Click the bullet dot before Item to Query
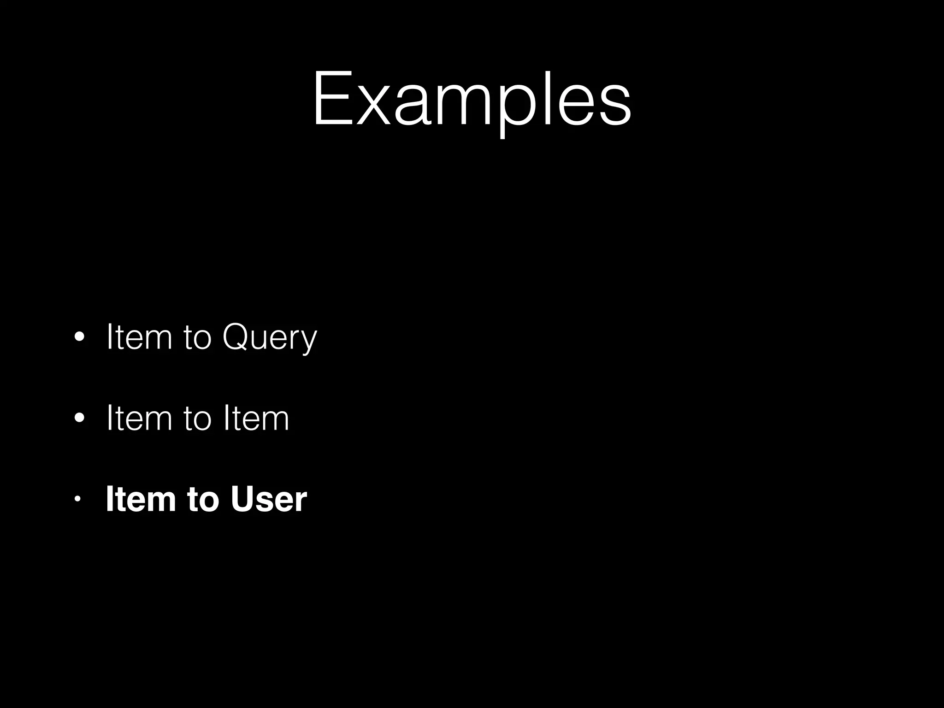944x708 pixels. [x=79, y=337]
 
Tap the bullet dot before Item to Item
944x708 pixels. [x=79, y=418]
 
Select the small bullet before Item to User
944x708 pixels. [x=77, y=499]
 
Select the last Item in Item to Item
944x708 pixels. [x=256, y=418]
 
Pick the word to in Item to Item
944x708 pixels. [x=197, y=419]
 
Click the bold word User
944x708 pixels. [x=269, y=499]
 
